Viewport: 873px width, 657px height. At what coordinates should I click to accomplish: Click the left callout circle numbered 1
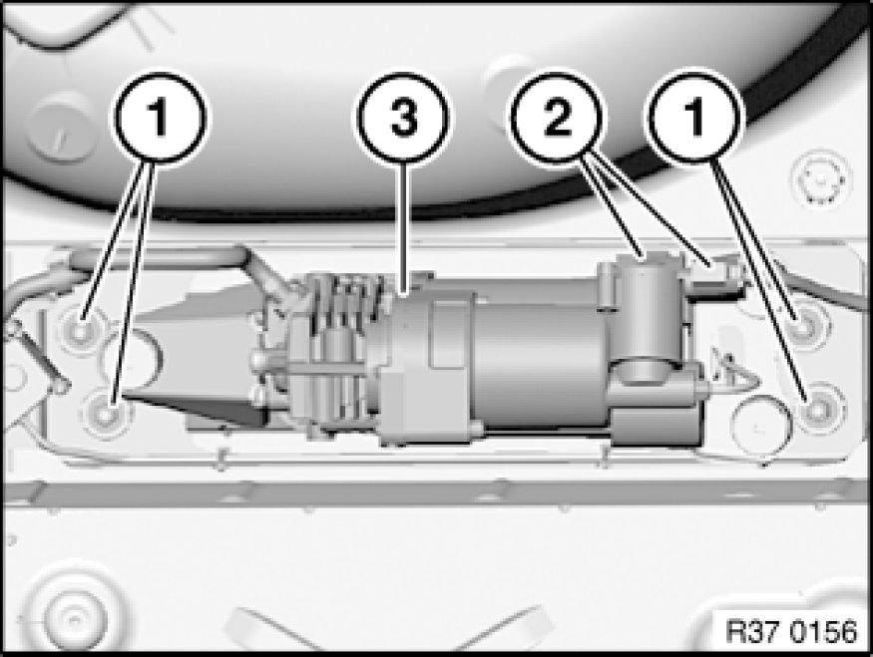[160, 117]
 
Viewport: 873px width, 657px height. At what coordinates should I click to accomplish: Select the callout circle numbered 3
[404, 118]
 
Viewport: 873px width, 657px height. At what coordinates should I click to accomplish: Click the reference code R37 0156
[792, 631]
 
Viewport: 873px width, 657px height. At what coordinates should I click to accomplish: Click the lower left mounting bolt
[107, 413]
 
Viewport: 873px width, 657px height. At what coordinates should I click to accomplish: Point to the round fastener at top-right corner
[820, 179]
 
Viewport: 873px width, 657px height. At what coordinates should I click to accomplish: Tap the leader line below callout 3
[405, 227]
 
